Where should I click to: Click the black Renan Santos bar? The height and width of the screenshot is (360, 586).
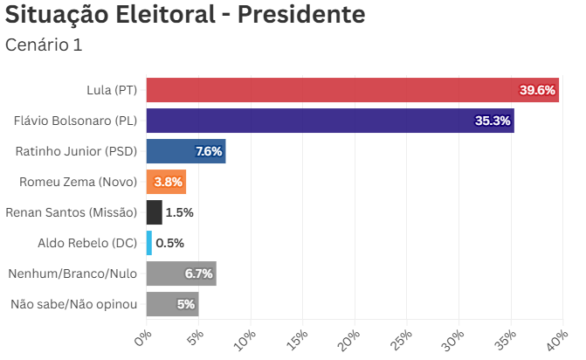click(154, 212)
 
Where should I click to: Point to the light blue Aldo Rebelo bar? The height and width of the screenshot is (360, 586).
click(149, 243)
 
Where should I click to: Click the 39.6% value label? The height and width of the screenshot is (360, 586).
click(537, 90)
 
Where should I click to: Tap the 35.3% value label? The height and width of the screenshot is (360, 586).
click(493, 121)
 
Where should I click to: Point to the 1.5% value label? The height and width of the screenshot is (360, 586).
click(179, 212)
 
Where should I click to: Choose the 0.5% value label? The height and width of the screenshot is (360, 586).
click(170, 243)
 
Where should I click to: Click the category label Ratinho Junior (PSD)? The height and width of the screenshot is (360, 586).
click(76, 151)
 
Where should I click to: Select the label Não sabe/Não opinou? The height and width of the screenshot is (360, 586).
click(73, 304)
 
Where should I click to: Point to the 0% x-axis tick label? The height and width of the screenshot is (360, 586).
click(144, 338)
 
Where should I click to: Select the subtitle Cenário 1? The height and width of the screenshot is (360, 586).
click(44, 45)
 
